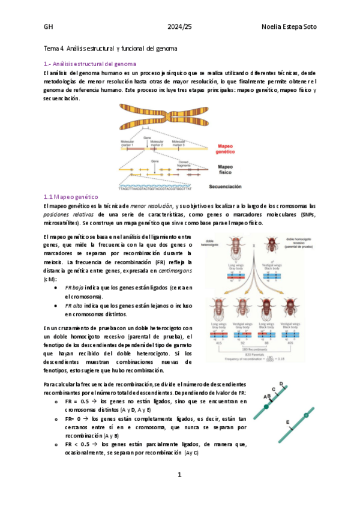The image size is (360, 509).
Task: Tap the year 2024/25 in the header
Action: [x=180, y=28]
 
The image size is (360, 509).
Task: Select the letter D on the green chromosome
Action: [x=282, y=383]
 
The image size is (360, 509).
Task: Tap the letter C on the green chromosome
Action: [x=274, y=390]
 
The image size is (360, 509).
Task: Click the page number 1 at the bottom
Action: [x=179, y=475]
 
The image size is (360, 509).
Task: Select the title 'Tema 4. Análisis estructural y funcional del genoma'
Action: [x=111, y=47]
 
